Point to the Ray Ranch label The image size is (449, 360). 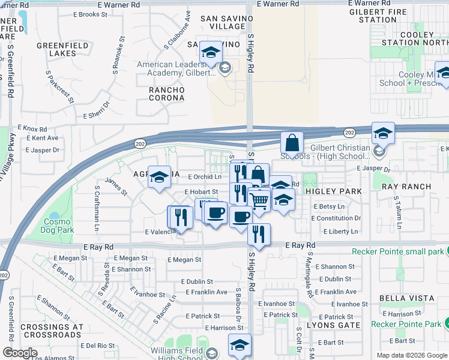[406, 187]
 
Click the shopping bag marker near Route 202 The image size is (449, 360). [292, 143]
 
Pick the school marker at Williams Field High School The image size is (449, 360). [240, 346]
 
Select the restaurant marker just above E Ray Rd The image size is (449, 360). [259, 234]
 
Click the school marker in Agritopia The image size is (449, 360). [159, 177]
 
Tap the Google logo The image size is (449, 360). [20, 353]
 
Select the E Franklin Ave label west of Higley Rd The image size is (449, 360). [206, 292]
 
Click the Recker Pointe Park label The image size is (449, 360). [406, 324]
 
